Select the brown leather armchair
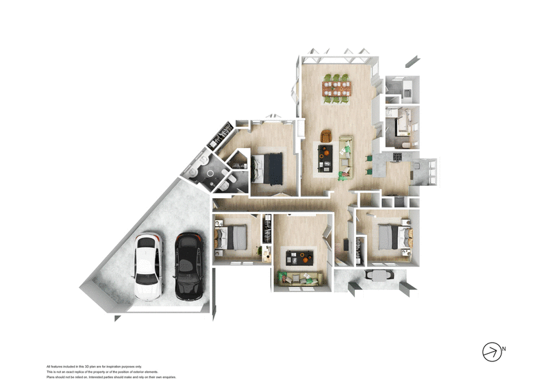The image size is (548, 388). coord(326,136)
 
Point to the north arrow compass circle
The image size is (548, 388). coord(491,351)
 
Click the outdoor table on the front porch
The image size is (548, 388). coord(379,274)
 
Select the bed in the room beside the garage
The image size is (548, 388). coord(232,237)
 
